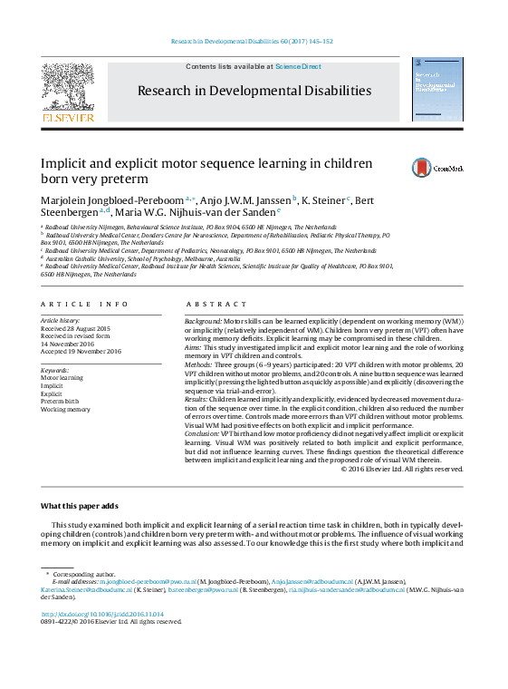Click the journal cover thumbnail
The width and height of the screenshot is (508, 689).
coord(436,90)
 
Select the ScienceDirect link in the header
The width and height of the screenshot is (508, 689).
coord(298,67)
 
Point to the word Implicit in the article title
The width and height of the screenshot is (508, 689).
coord(62,163)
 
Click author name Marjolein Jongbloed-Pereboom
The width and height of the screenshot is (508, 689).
coord(111,200)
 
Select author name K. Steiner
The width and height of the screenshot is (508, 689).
coord(324,200)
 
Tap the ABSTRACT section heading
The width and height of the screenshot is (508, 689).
coord(210,305)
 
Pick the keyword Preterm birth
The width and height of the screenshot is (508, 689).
coord(60,401)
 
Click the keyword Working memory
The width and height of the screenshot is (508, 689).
coord(65,409)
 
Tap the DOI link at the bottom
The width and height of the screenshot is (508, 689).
coord(102,614)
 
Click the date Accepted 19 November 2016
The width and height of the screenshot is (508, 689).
coord(80,351)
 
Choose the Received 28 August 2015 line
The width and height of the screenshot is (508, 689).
coord(75,328)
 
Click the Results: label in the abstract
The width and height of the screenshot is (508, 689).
coord(199,399)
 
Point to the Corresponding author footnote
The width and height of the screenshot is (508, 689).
coord(84,573)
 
